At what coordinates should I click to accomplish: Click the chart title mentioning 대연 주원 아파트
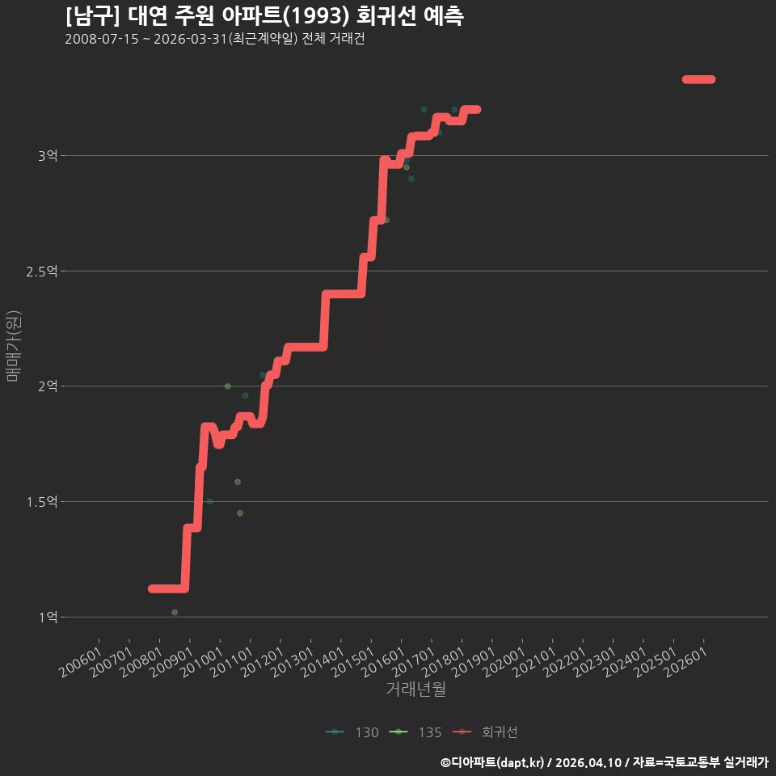tap(264, 16)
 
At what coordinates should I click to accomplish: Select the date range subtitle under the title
tap(215, 39)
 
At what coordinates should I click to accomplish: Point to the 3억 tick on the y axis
tap(48, 156)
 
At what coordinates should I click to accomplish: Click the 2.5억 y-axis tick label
tap(42, 272)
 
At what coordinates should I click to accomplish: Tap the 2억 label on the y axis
tap(48, 386)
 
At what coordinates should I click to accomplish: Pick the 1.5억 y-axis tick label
tap(42, 502)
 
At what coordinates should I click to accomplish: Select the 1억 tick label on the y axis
tap(48, 617)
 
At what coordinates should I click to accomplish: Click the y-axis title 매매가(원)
tap(14, 346)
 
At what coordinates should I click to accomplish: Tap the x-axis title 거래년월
tap(415, 689)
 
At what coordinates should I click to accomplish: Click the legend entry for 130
tap(352, 732)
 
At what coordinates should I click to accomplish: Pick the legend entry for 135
tap(415, 732)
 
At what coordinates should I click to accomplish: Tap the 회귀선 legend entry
tap(485, 732)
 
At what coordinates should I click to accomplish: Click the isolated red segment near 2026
tap(698, 79)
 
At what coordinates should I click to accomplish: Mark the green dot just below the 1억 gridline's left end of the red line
tap(175, 612)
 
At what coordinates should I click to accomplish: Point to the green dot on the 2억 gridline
tap(228, 386)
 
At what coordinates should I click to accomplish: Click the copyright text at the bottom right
tap(605, 762)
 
